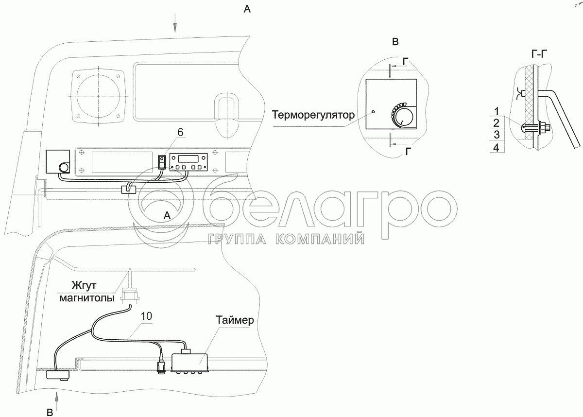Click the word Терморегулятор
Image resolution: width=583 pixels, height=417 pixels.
point(313,115)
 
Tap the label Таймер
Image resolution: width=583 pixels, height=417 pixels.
point(235,320)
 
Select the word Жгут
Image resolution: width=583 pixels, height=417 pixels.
point(84,286)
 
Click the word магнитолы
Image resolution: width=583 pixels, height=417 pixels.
point(87,298)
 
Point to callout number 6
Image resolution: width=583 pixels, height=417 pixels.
point(180,132)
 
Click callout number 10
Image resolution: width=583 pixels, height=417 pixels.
point(146,316)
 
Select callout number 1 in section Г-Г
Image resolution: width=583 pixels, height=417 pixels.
point(497,111)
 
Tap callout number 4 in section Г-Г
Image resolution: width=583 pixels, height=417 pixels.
point(497,148)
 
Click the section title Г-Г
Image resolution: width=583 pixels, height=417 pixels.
point(539,54)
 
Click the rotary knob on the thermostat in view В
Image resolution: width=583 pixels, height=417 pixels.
point(402,117)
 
